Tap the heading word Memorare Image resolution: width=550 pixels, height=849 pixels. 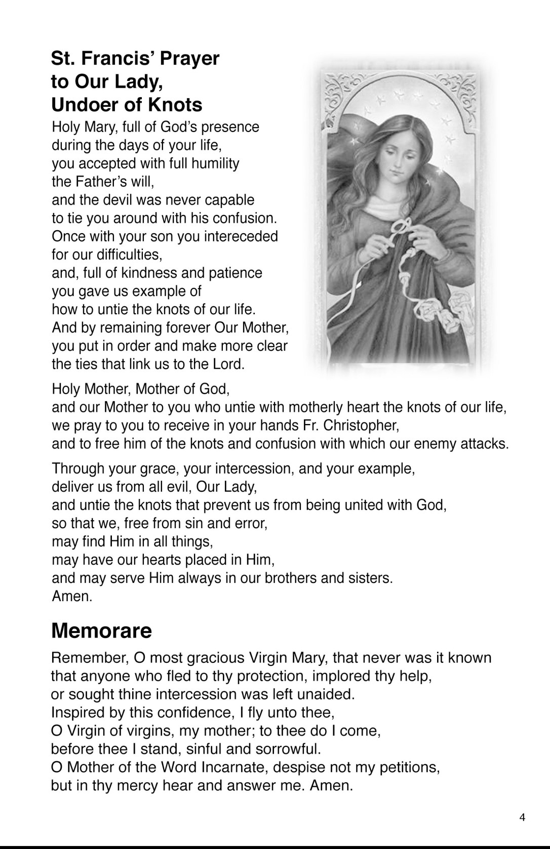(x=101, y=630)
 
